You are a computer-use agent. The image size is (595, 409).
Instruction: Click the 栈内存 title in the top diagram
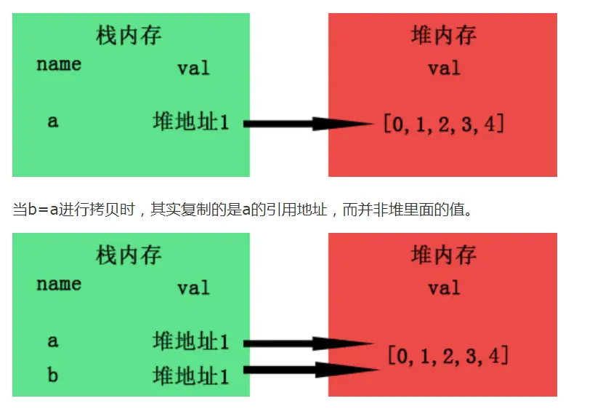pos(129,34)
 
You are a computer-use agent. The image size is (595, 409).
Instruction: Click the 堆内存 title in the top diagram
pos(443,34)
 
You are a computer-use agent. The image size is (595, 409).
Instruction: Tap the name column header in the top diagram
pos(59,64)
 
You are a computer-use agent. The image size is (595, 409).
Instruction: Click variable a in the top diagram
pos(52,121)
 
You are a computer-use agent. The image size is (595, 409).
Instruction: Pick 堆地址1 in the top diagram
pos(191,122)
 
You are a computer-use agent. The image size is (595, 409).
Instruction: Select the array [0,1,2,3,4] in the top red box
pos(444,124)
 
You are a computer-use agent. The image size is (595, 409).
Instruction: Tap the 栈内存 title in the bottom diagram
pos(129,255)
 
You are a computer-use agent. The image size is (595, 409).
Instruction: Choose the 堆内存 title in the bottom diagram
pos(443,255)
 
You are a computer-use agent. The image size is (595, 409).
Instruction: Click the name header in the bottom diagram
pos(59,284)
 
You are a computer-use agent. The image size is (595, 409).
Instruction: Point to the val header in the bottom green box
pos(193,288)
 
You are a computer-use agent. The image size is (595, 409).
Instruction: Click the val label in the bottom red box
pos(444,288)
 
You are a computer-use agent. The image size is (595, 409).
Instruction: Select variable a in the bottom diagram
pos(52,341)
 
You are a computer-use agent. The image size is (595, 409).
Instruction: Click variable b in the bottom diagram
pos(52,376)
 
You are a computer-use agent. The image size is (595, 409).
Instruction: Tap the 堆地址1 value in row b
pos(191,376)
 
